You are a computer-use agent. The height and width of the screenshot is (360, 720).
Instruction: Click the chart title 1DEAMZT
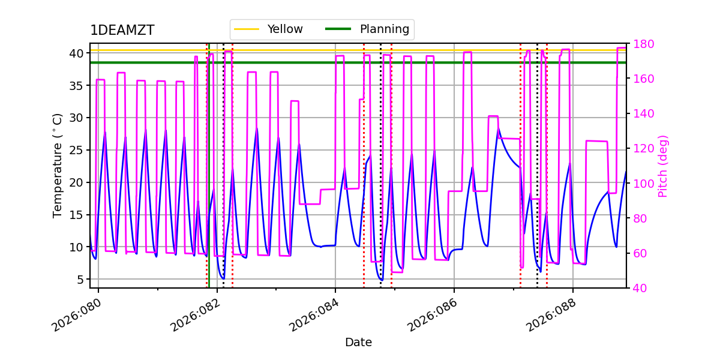122,31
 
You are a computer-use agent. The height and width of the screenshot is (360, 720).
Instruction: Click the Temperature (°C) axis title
58,165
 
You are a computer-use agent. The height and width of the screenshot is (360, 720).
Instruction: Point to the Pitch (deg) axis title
663,166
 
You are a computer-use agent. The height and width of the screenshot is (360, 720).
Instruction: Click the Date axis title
358,343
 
